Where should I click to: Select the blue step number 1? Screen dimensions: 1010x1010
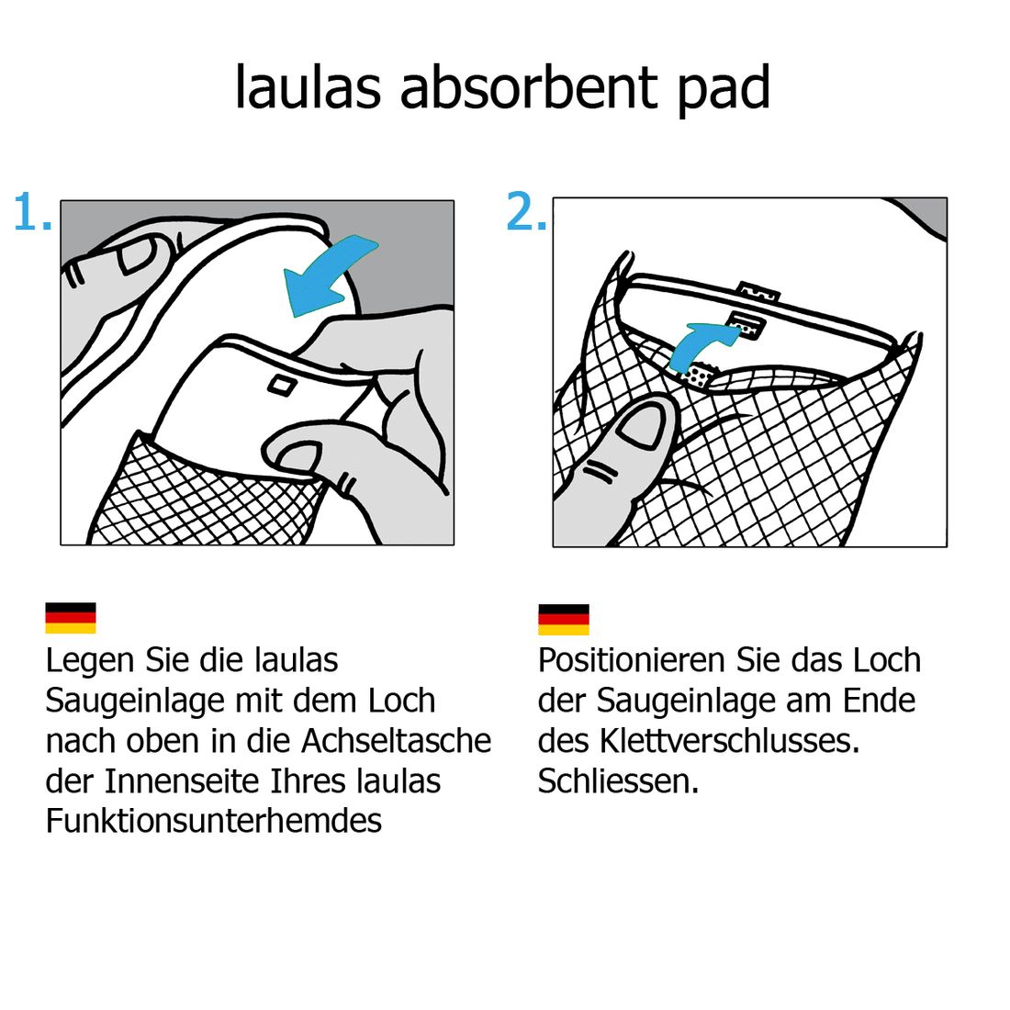tap(32, 210)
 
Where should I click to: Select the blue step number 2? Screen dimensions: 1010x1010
tap(526, 210)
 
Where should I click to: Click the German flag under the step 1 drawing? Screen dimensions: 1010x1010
tap(70, 618)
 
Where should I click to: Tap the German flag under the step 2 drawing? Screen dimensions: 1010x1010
tap(564, 620)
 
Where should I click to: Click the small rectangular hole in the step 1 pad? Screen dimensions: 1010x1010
tap(282, 387)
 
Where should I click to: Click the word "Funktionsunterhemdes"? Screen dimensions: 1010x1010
tap(214, 821)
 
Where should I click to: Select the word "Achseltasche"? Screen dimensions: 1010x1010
tap(396, 740)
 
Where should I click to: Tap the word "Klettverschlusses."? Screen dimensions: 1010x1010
tap(731, 741)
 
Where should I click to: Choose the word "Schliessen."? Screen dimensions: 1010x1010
tap(618, 780)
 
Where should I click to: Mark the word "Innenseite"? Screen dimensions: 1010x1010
tap(182, 780)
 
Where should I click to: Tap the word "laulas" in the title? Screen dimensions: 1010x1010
tap(308, 87)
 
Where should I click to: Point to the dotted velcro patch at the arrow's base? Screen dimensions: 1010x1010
tap(701, 376)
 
